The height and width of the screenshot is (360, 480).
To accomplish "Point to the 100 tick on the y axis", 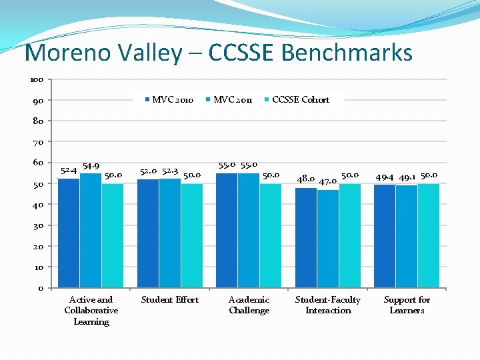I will pyautogui.click(x=37, y=79).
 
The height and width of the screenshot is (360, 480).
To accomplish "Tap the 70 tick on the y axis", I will pyautogui.click(x=38, y=142).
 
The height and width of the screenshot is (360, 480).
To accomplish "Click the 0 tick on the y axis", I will pyautogui.click(x=40, y=288).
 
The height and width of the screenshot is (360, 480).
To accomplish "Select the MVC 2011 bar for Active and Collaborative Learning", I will pyautogui.click(x=91, y=231).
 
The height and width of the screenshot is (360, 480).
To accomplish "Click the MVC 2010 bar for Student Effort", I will pyautogui.click(x=148, y=233).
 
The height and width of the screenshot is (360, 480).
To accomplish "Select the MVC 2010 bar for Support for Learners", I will pyautogui.click(x=385, y=236).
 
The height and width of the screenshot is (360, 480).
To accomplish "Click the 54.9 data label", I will pyautogui.click(x=91, y=166).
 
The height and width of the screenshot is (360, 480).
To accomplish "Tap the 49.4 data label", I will pyautogui.click(x=385, y=177).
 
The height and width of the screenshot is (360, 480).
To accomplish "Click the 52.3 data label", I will pyautogui.click(x=171, y=171).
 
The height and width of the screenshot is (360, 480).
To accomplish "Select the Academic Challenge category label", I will pyautogui.click(x=249, y=305).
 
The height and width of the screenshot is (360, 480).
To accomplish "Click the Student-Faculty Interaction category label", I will pyautogui.click(x=328, y=305).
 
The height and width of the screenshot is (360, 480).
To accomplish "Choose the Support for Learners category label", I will pyautogui.click(x=407, y=305).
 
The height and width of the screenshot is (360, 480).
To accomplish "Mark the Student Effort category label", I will pyautogui.click(x=170, y=299).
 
